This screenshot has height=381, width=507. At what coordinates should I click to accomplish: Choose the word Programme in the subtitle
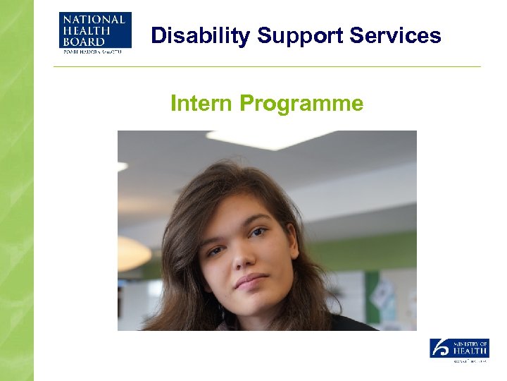click(x=302, y=104)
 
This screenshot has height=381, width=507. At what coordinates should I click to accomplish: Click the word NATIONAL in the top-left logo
click(x=92, y=19)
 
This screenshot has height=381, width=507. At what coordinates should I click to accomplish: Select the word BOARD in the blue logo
click(x=83, y=42)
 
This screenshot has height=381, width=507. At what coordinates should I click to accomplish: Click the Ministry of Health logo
click(x=459, y=349)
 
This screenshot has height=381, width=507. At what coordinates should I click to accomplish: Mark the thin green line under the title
click(x=268, y=67)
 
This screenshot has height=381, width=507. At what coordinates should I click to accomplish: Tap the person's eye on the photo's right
click(x=258, y=232)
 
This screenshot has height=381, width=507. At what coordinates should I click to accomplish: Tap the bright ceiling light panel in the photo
click(x=268, y=139)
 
